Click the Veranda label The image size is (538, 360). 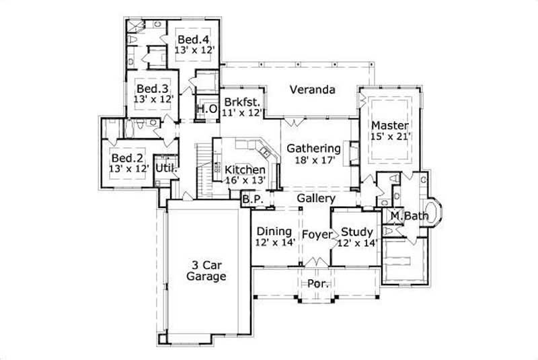point(313,89)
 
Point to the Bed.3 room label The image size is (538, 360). point(153,88)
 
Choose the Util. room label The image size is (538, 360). point(166,168)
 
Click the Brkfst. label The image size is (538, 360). point(243,102)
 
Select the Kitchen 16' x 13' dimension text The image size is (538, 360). point(245,180)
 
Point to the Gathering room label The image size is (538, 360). point(313,148)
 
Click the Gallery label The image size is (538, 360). point(316,199)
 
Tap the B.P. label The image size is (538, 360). point(252,199)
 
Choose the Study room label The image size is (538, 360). point(356,232)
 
